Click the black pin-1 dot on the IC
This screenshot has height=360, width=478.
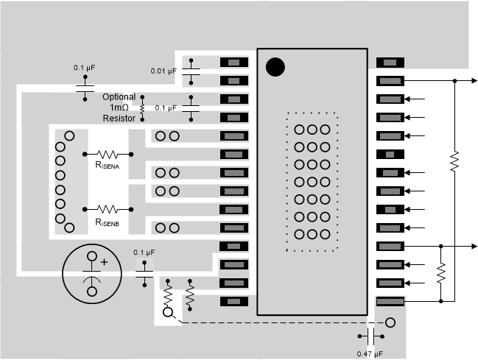pos(275,67)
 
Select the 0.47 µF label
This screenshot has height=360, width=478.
pos(370,354)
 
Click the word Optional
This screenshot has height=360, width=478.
pos(119,96)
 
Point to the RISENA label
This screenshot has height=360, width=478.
pos(108,166)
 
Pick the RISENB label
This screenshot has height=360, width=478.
pos(108,221)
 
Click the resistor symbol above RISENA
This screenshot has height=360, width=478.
pos(108,154)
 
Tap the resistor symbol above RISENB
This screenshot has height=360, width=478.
pos(108,209)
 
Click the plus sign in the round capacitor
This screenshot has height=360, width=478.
pos(104,261)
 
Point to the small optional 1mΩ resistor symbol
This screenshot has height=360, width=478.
pos(142,107)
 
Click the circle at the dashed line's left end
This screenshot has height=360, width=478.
pos(168,312)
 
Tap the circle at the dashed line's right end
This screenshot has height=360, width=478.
pos(390,322)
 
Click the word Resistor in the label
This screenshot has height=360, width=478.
pos(119,118)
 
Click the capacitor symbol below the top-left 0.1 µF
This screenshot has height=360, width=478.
pos(85,88)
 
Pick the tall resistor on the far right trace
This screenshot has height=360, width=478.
pos(454,159)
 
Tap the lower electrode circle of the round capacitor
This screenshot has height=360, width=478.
pos(92,291)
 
